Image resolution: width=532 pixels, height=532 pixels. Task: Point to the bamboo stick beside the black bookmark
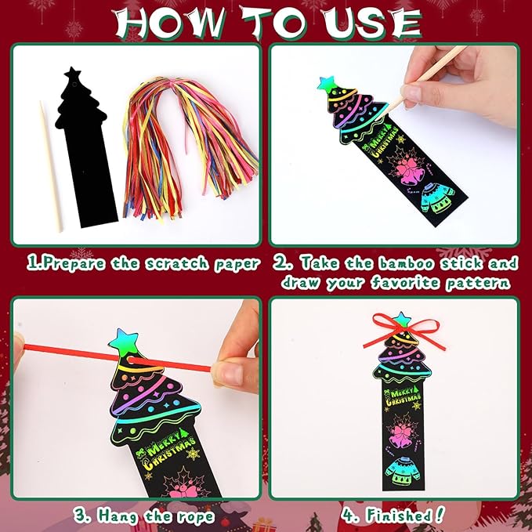pos(51,165)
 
